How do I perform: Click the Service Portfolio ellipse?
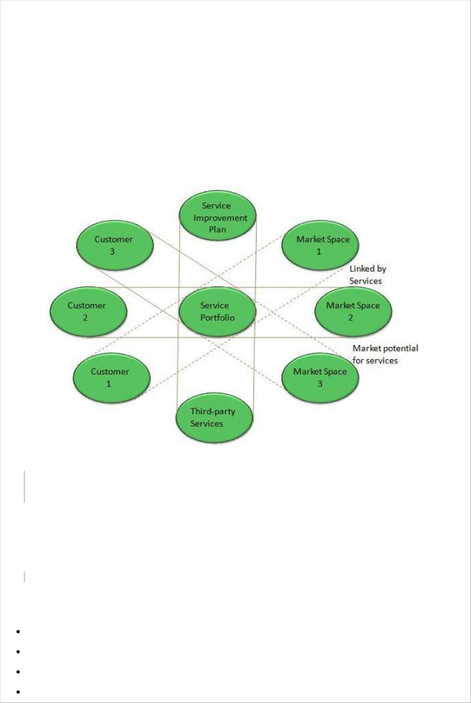tap(217, 311)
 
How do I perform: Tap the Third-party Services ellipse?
tap(214, 417)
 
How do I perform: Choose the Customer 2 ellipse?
tap(88, 311)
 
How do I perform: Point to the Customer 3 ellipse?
tap(115, 245)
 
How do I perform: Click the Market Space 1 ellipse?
tap(321, 245)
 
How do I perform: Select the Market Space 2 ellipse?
tap(353, 311)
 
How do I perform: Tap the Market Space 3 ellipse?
tap(321, 378)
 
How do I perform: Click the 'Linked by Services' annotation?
tap(367, 275)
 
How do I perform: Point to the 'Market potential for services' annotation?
tap(385, 354)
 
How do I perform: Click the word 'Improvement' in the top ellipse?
tap(220, 218)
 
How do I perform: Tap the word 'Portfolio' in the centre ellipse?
tap(217, 318)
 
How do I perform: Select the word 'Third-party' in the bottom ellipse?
tap(213, 411)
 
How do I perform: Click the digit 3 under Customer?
tap(112, 251)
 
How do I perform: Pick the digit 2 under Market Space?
tap(351, 318)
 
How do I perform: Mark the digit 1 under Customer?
tap(108, 384)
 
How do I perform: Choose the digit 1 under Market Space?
tap(319, 251)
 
